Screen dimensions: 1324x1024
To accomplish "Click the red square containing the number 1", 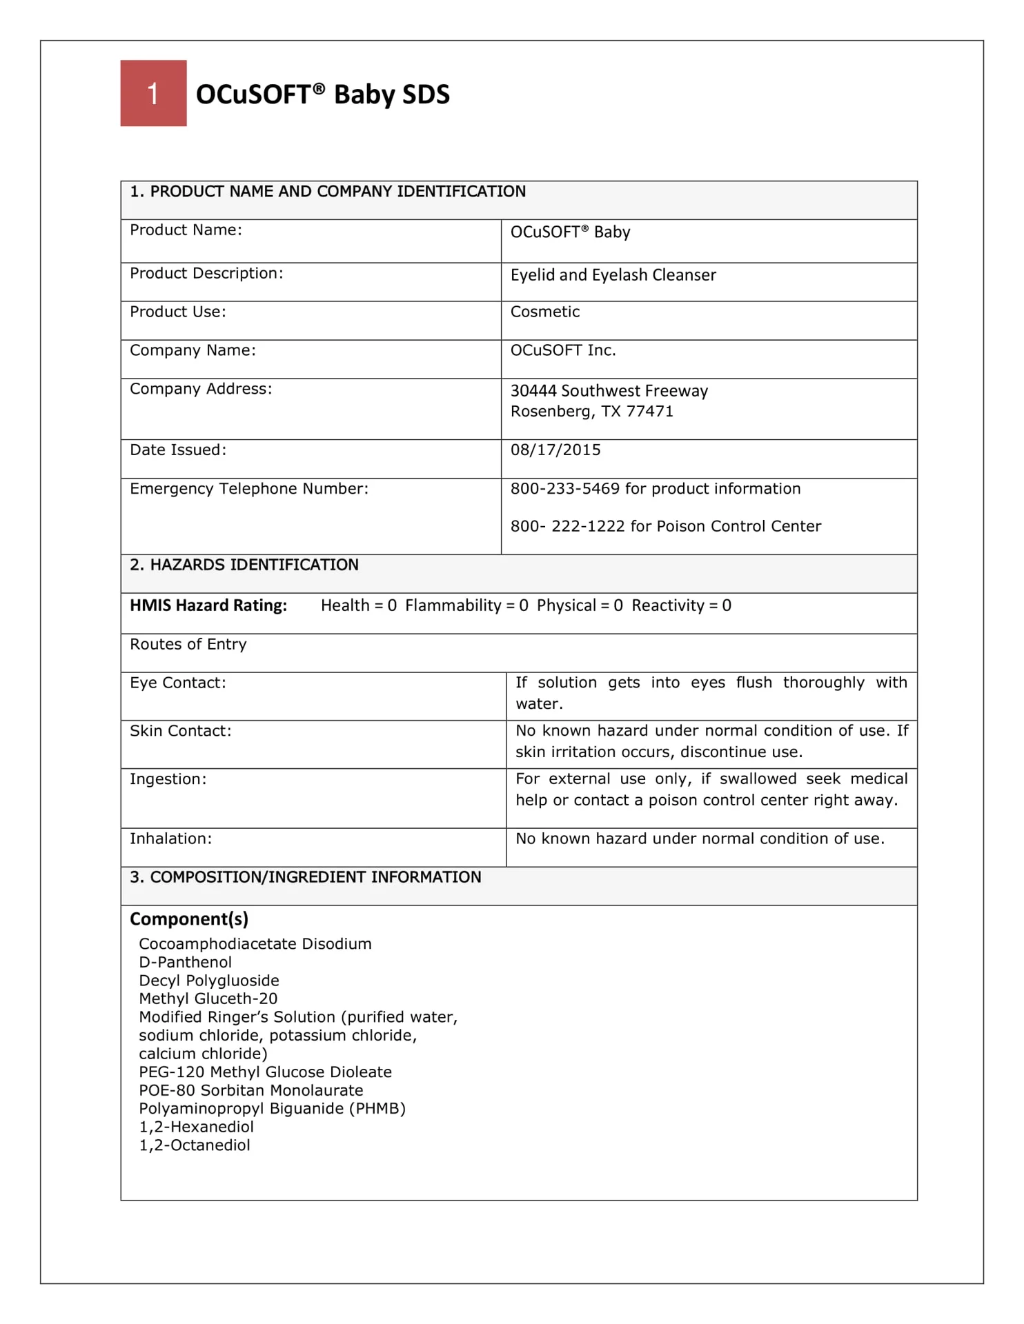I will pos(153,93).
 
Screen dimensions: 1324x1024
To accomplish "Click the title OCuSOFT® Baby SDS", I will pos(322,94).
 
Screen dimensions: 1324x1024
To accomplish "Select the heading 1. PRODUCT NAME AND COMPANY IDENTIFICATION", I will pos(328,192).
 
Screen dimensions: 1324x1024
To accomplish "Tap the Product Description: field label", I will pos(206,273).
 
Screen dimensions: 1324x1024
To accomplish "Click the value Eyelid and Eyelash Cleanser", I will pos(613,275).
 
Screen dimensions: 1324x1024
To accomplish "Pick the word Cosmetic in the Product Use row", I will pos(544,312).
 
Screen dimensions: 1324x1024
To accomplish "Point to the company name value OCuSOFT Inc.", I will pos(562,350).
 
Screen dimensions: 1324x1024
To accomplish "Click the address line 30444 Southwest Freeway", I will pos(609,391).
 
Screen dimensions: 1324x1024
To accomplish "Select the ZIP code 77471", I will pos(649,412).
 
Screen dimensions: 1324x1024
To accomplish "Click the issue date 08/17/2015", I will pos(555,450).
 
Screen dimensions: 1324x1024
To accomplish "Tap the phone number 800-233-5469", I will pos(564,489).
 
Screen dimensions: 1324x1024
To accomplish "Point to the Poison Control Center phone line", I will pos(665,526).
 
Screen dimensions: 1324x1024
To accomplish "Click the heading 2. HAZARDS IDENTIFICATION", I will pos(244,565).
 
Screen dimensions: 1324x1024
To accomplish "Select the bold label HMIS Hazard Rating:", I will pos(208,605).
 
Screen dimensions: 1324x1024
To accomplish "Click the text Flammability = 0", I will pos(466,605).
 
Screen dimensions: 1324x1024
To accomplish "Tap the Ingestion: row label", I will pos(168,779).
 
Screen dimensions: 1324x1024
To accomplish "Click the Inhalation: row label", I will pos(170,839).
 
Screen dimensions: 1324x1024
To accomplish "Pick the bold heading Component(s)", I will pos(189,919).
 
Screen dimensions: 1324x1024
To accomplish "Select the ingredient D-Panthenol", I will pos(185,962).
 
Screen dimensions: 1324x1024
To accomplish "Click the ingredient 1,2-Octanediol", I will pos(195,1145).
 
